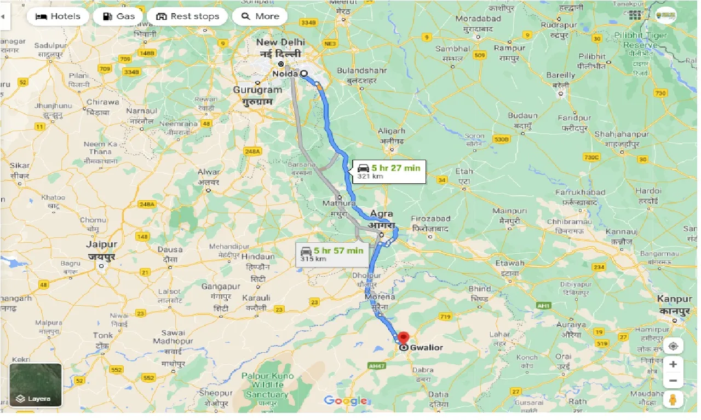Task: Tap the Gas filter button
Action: (x=118, y=16)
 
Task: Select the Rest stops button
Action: (x=187, y=16)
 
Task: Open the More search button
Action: (x=260, y=16)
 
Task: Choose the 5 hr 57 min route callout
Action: (x=331, y=254)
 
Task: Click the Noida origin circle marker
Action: (x=303, y=73)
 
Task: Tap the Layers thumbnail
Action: (x=36, y=386)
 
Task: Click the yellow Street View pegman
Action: (x=673, y=399)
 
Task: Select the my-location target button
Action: (x=673, y=346)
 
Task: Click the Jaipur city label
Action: (x=102, y=249)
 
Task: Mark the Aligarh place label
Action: (x=392, y=135)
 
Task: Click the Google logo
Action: (x=345, y=401)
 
